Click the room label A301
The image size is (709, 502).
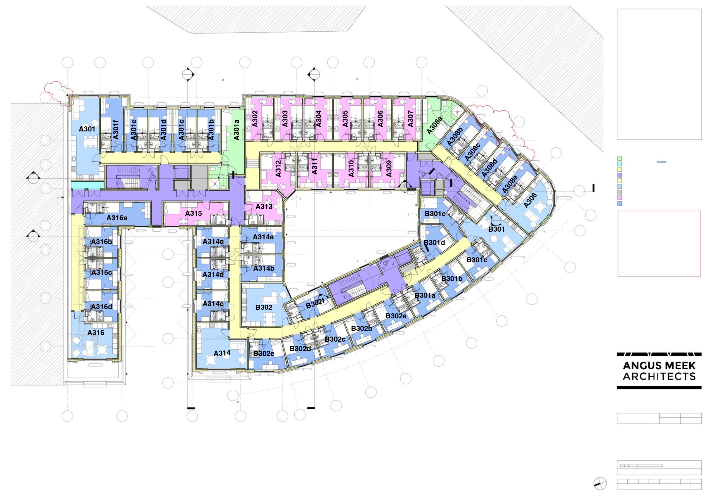87,129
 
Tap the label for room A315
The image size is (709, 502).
193,213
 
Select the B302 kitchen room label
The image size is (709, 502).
264,307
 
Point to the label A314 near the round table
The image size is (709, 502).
222,353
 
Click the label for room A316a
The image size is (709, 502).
117,218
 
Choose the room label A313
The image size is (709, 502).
264,207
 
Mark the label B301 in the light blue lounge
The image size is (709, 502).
497,229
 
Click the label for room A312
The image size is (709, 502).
278,168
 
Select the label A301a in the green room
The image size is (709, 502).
236,130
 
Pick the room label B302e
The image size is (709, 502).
264,353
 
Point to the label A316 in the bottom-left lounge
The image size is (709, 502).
96,333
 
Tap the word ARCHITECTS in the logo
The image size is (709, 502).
659,376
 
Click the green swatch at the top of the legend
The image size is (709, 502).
619,158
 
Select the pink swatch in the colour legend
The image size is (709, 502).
619,198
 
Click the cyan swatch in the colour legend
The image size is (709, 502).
619,164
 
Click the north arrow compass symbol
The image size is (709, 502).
600,484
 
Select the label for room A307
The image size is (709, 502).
410,119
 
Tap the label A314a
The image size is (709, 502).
263,237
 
